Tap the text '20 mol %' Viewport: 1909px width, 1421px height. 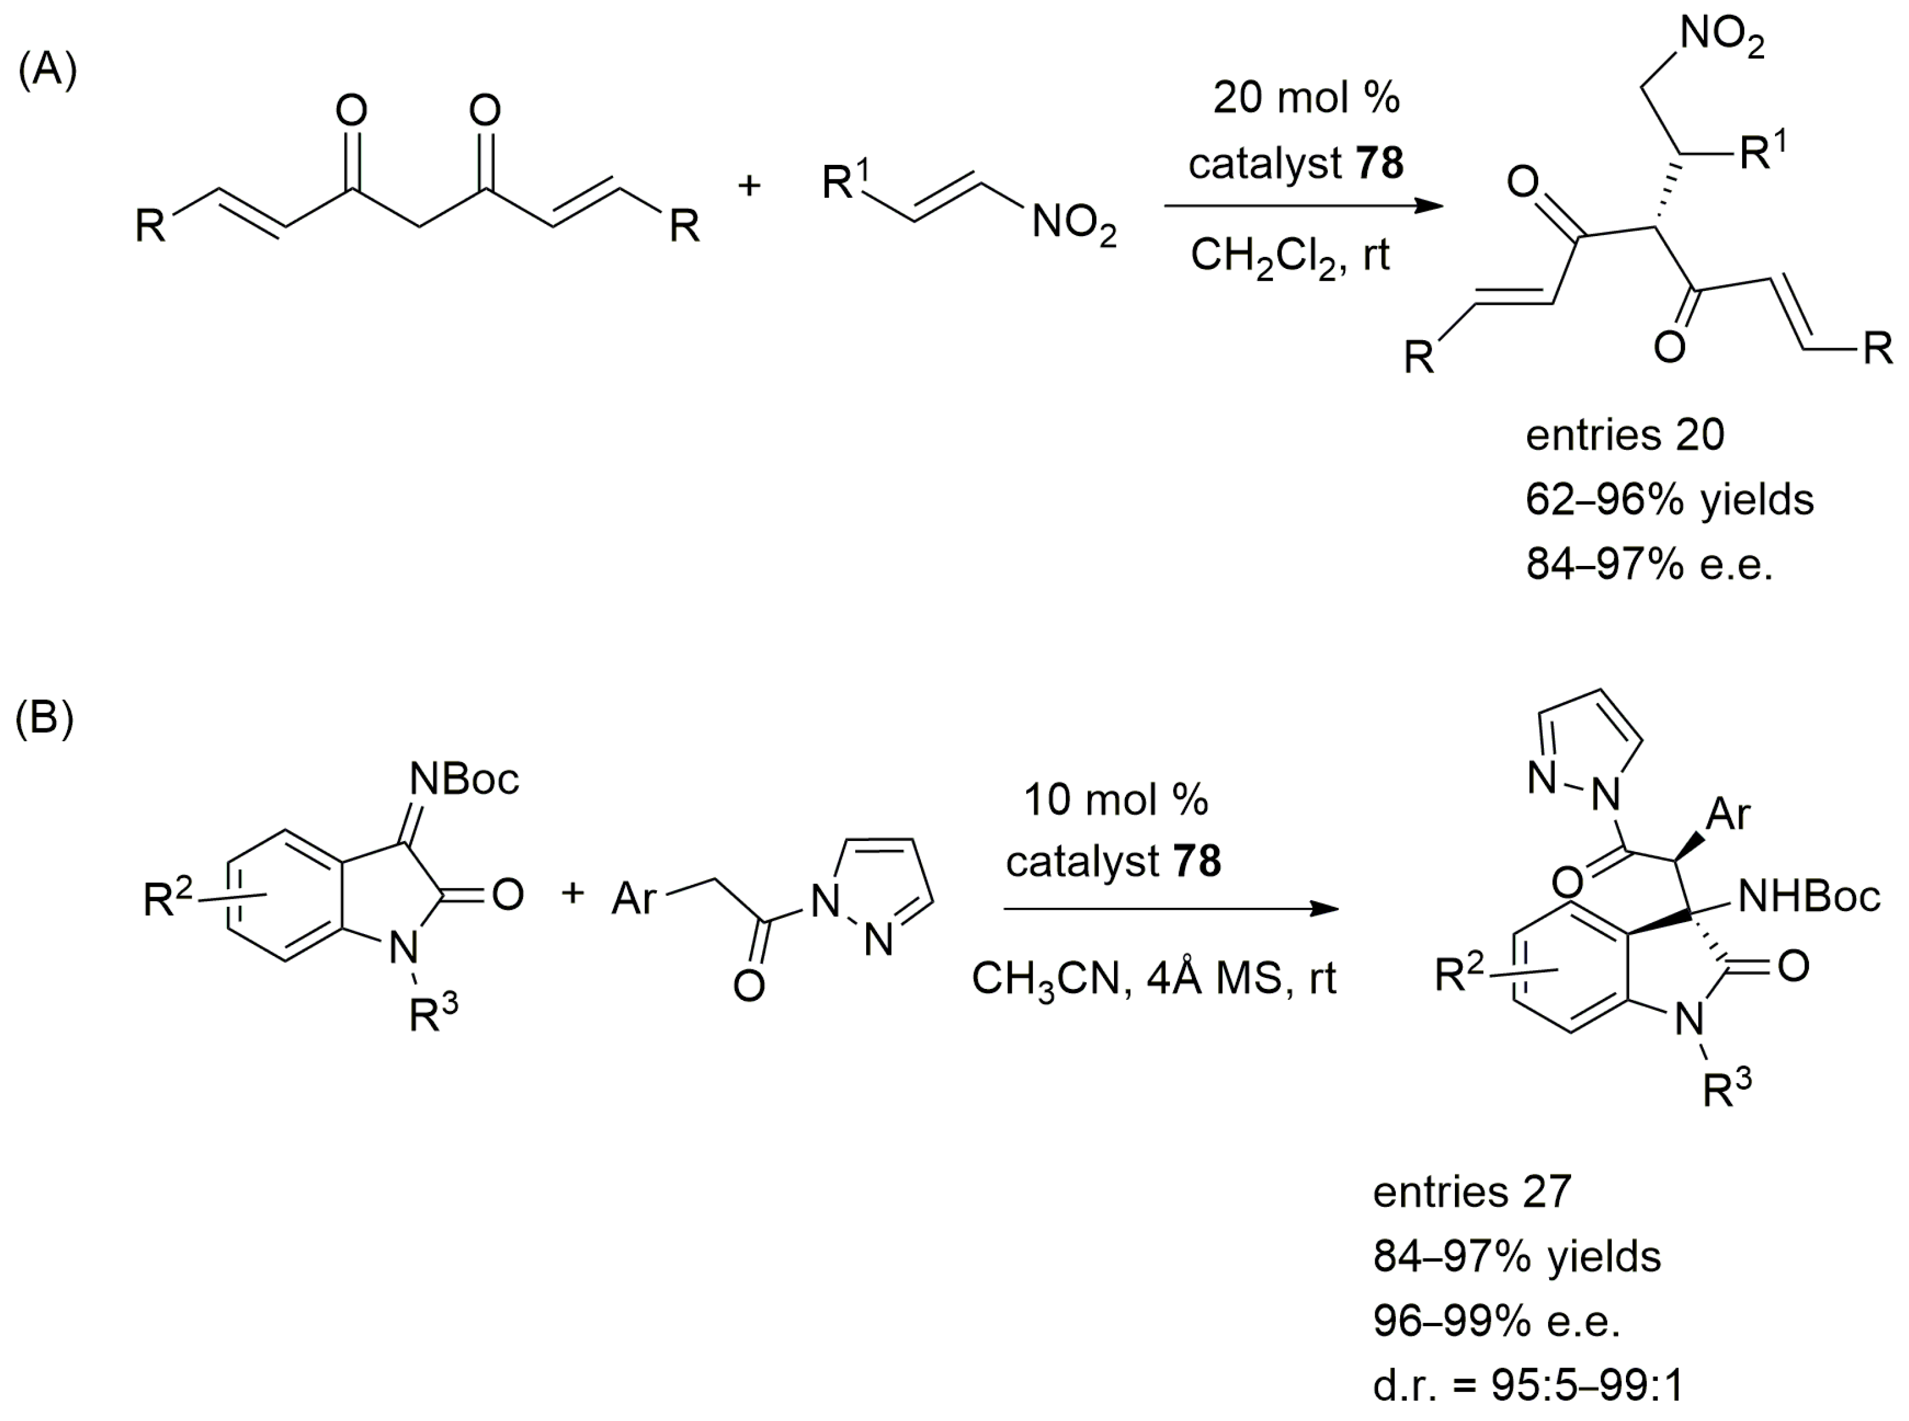click(x=1306, y=98)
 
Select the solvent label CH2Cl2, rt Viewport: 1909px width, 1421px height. click(x=1289, y=256)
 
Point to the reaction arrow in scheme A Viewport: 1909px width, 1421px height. click(x=1303, y=206)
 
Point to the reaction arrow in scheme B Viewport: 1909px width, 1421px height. click(x=1170, y=909)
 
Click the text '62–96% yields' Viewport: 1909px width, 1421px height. click(x=1669, y=500)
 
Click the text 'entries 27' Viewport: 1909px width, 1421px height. click(x=1472, y=1192)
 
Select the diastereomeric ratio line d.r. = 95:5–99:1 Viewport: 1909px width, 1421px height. click(x=1527, y=1385)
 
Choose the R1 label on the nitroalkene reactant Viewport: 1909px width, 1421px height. click(x=845, y=181)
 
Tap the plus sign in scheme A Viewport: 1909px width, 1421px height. click(x=749, y=185)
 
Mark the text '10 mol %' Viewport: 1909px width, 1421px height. click(x=1116, y=800)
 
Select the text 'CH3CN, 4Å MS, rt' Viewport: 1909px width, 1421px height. click(x=1154, y=979)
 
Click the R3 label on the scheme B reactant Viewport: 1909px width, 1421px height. click(x=433, y=1013)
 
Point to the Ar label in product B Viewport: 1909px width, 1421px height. click(x=1728, y=813)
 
